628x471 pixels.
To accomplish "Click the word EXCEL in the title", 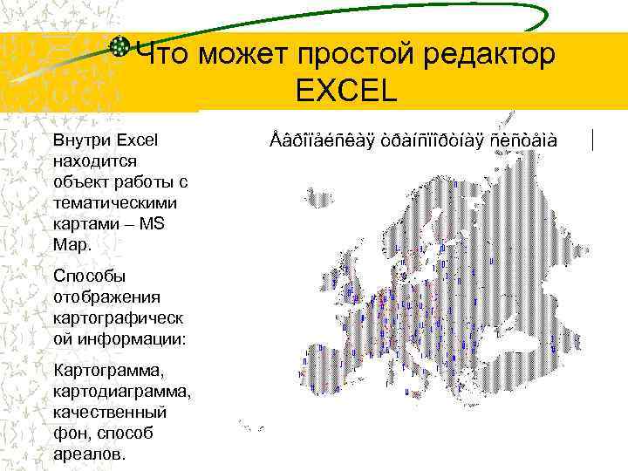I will point(346,90).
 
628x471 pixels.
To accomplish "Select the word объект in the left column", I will point(79,181).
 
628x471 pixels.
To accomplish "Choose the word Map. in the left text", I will point(72,244).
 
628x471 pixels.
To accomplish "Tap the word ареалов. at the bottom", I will point(90,454).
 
